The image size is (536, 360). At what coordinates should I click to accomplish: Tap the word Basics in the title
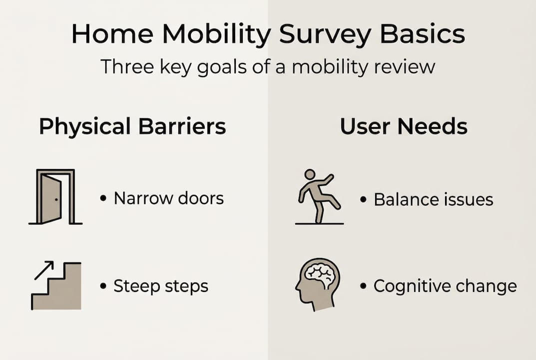coord(422,34)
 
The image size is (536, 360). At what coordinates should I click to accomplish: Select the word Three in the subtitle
coord(127,66)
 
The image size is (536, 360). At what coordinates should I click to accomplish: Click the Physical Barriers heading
coord(133,126)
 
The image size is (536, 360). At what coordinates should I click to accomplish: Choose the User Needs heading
coord(404,126)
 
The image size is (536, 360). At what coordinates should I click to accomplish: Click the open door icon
coord(55,197)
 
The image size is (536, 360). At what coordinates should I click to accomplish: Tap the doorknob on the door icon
coord(56,199)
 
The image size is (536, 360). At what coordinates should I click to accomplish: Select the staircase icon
coord(56,286)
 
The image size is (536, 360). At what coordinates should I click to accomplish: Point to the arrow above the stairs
coord(44,270)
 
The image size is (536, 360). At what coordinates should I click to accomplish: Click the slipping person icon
coord(319,197)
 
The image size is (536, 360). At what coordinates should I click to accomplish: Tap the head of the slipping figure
coord(310,174)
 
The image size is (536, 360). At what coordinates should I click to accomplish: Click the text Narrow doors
coord(169,198)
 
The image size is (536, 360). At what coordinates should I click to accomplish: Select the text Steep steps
coord(161,286)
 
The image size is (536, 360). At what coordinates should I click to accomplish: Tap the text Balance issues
coord(434,199)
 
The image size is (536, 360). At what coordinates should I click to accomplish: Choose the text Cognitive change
coord(446,286)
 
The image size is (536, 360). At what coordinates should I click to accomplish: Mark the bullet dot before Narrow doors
coord(103,198)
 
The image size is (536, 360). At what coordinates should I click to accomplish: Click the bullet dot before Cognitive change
coord(363,285)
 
